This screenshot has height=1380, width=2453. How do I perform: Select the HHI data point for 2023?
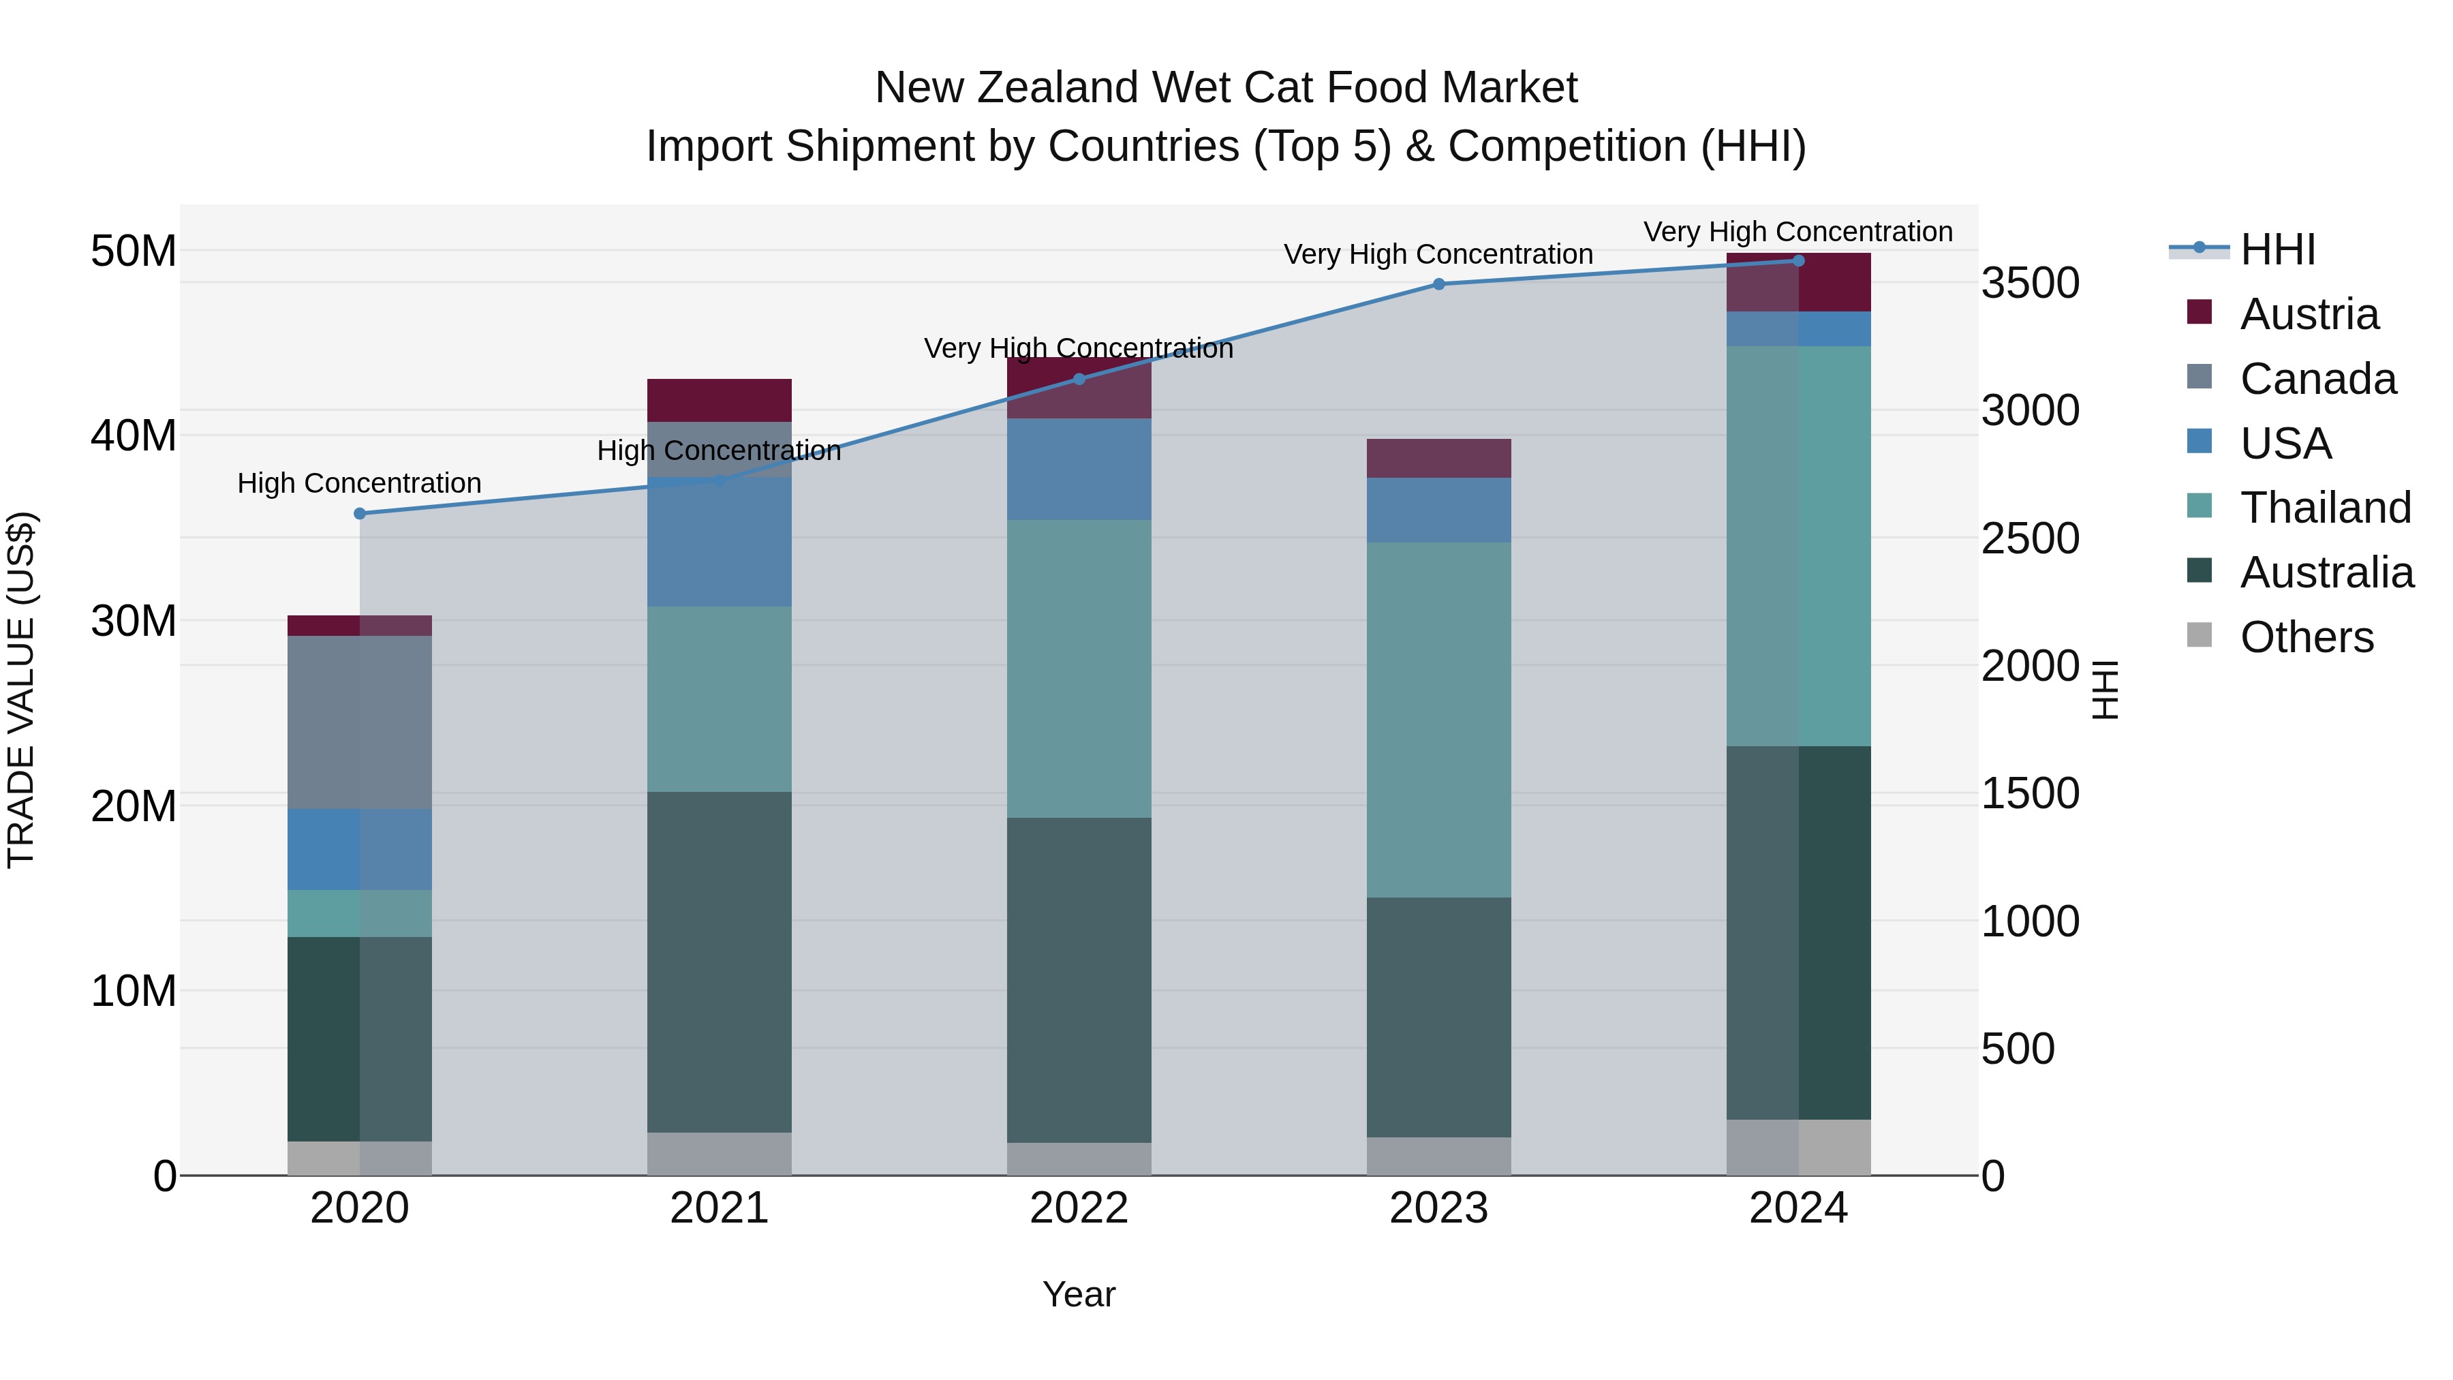coord(1439,283)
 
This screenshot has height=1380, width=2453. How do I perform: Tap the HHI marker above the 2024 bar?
coord(1799,261)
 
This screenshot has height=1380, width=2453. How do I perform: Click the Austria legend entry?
coord(2309,314)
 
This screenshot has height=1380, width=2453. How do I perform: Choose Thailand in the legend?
coord(2324,508)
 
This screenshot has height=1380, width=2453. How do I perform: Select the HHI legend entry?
coord(2278,249)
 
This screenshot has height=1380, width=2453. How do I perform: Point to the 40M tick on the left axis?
coord(134,436)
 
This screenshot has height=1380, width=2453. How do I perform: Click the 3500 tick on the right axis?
coord(2031,283)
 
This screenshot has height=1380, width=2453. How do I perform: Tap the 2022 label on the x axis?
coord(1079,1208)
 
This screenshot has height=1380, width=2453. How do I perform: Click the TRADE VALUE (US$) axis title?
coord(21,690)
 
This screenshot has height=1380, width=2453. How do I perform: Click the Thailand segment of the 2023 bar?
coord(1439,720)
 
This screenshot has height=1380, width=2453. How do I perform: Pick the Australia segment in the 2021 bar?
coord(719,962)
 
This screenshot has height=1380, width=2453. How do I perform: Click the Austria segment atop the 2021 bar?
coord(719,400)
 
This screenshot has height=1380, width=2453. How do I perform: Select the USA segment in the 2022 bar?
coord(1079,470)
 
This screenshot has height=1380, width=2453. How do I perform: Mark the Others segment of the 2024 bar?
coord(1799,1148)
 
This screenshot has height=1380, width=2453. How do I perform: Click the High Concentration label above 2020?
coord(360,484)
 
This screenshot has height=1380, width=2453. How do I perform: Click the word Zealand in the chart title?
coord(1056,89)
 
